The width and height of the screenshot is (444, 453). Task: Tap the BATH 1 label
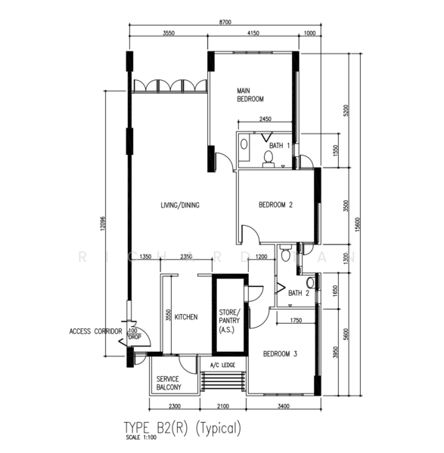click(x=279, y=145)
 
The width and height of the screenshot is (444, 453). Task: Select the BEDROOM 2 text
click(x=275, y=205)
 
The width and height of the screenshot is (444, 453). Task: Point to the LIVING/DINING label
click(x=179, y=205)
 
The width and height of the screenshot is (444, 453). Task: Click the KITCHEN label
click(x=186, y=317)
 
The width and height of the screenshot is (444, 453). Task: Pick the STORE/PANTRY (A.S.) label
click(x=228, y=321)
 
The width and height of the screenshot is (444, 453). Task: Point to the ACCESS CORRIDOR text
click(x=95, y=331)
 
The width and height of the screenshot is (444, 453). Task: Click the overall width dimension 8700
click(x=225, y=23)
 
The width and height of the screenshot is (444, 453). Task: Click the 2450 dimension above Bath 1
click(x=265, y=119)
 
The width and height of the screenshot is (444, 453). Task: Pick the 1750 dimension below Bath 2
click(x=297, y=321)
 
